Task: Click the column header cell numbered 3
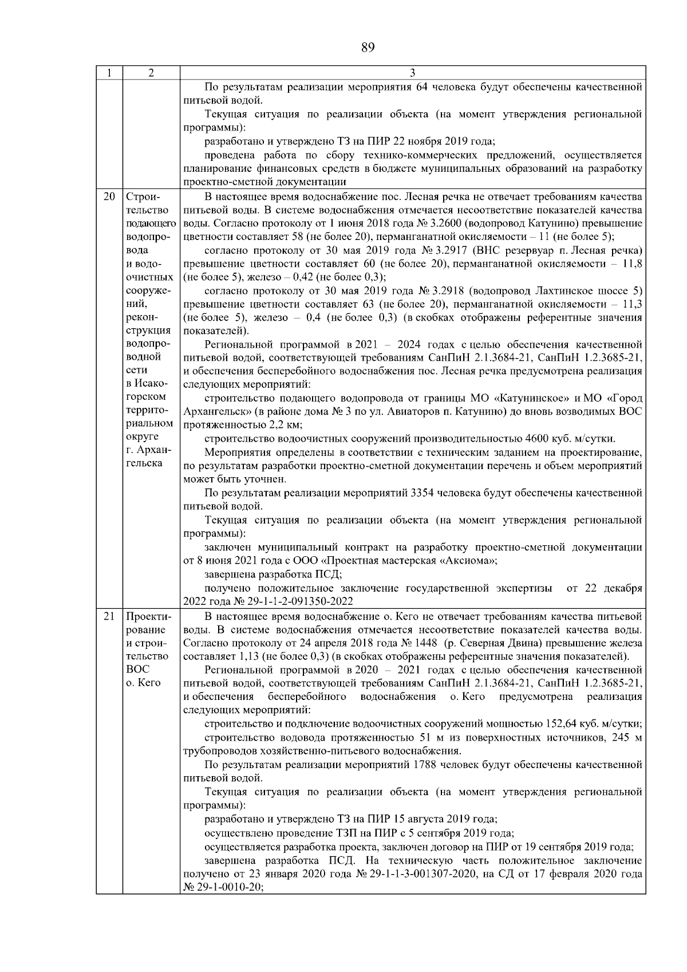coord(413,73)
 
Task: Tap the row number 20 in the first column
coord(109,196)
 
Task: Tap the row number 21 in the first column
coord(109,616)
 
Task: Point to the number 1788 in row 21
coord(424,765)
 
